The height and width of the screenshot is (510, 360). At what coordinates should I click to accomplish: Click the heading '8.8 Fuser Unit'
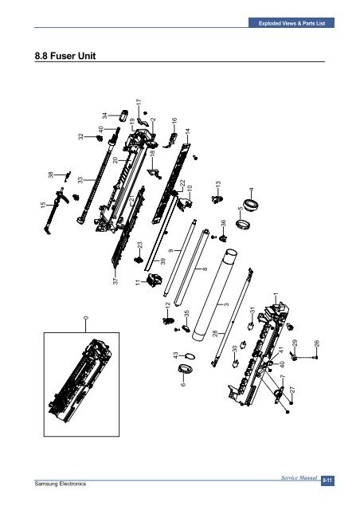(65, 56)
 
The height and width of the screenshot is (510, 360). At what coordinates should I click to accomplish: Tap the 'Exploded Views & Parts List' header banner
(292, 23)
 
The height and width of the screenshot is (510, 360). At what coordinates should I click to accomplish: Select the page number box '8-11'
(327, 481)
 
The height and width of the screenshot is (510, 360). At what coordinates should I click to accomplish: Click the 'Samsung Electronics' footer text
(61, 484)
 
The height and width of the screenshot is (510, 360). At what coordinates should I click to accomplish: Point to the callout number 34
(104, 116)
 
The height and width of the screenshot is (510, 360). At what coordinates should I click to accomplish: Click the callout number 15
(43, 205)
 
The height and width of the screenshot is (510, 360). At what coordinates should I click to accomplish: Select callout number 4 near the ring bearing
(251, 190)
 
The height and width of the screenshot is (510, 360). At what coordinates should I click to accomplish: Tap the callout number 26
(317, 343)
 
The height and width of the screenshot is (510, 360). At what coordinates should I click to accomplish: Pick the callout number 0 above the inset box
(86, 318)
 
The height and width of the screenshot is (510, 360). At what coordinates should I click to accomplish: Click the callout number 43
(175, 355)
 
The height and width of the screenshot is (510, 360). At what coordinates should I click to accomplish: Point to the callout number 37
(115, 281)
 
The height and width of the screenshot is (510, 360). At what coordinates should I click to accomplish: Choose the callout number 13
(218, 184)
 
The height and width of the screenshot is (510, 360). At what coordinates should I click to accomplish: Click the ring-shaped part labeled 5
(243, 225)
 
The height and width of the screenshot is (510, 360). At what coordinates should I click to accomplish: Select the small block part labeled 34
(124, 116)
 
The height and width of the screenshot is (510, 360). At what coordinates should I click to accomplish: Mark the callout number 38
(51, 175)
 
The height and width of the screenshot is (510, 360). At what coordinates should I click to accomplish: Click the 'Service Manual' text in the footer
(299, 477)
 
